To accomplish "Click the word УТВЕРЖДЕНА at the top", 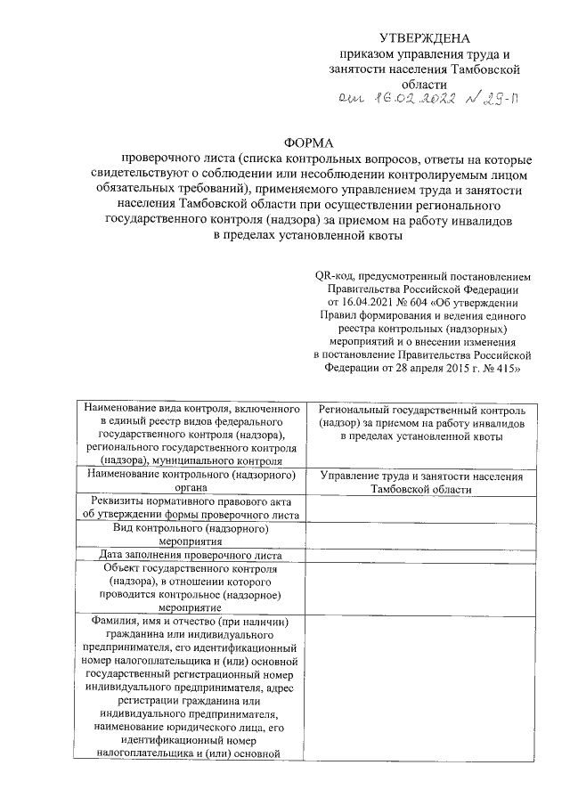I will (423, 37).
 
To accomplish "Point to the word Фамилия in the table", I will (112, 621).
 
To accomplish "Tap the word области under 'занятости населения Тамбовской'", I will (423, 82).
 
